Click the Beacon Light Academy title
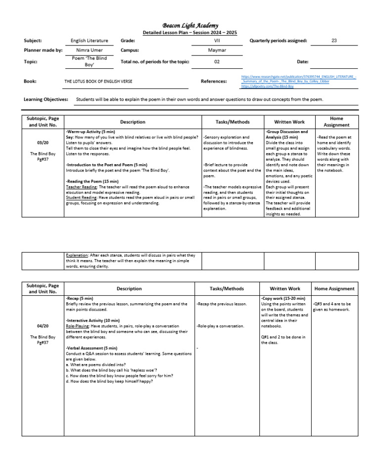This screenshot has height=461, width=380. click(x=190, y=26)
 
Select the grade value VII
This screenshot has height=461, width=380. click(x=216, y=41)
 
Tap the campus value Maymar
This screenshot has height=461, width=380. click(x=216, y=50)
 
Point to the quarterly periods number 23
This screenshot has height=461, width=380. click(x=334, y=41)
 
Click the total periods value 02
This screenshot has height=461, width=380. click(x=216, y=62)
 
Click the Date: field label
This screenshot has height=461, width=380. click(x=302, y=62)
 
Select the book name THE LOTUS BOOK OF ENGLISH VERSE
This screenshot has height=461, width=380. click(x=98, y=81)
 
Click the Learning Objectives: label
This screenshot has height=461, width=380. click(x=46, y=99)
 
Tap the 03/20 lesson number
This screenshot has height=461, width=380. click(x=43, y=142)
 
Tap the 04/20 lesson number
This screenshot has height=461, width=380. click(x=43, y=326)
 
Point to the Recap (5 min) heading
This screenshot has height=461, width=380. click(x=79, y=299)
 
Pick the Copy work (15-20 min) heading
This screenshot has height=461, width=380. click(x=283, y=299)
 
